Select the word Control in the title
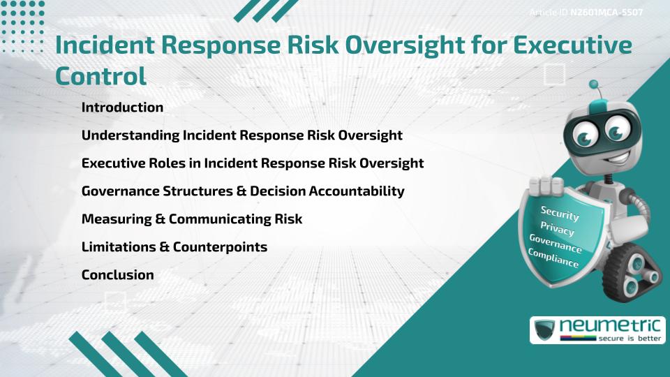[100, 75]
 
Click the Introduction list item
[122, 108]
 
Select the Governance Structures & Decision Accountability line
[243, 191]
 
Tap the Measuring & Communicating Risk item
[191, 219]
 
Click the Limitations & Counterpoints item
[174, 246]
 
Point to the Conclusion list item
[117, 274]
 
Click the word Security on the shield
[560, 213]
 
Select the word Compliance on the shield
[553, 258]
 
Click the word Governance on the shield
[556, 244]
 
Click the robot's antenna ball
[594, 85]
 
